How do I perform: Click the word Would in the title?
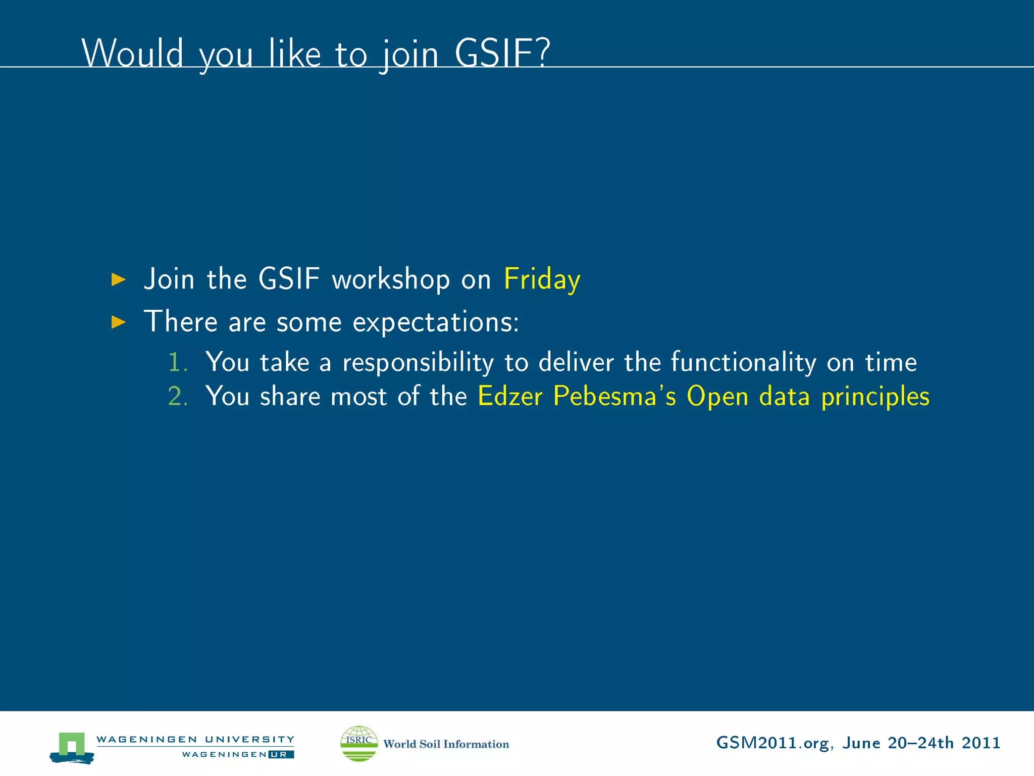tap(132, 53)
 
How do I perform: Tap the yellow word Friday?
tap(542, 279)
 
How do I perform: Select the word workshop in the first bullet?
tap(390, 279)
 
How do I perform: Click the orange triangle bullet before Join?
tap(118, 279)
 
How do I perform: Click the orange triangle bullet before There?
tap(118, 322)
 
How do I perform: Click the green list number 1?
tap(177, 362)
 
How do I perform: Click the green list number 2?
tap(177, 396)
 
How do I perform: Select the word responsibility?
tap(418, 363)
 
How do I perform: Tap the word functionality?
tap(743, 362)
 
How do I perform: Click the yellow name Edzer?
tap(510, 396)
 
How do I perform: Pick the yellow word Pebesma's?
tap(614, 396)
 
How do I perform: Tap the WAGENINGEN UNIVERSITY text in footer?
tap(195, 739)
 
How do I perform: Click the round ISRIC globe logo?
tap(359, 743)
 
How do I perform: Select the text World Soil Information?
tap(446, 744)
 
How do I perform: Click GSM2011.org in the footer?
tap(772, 743)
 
